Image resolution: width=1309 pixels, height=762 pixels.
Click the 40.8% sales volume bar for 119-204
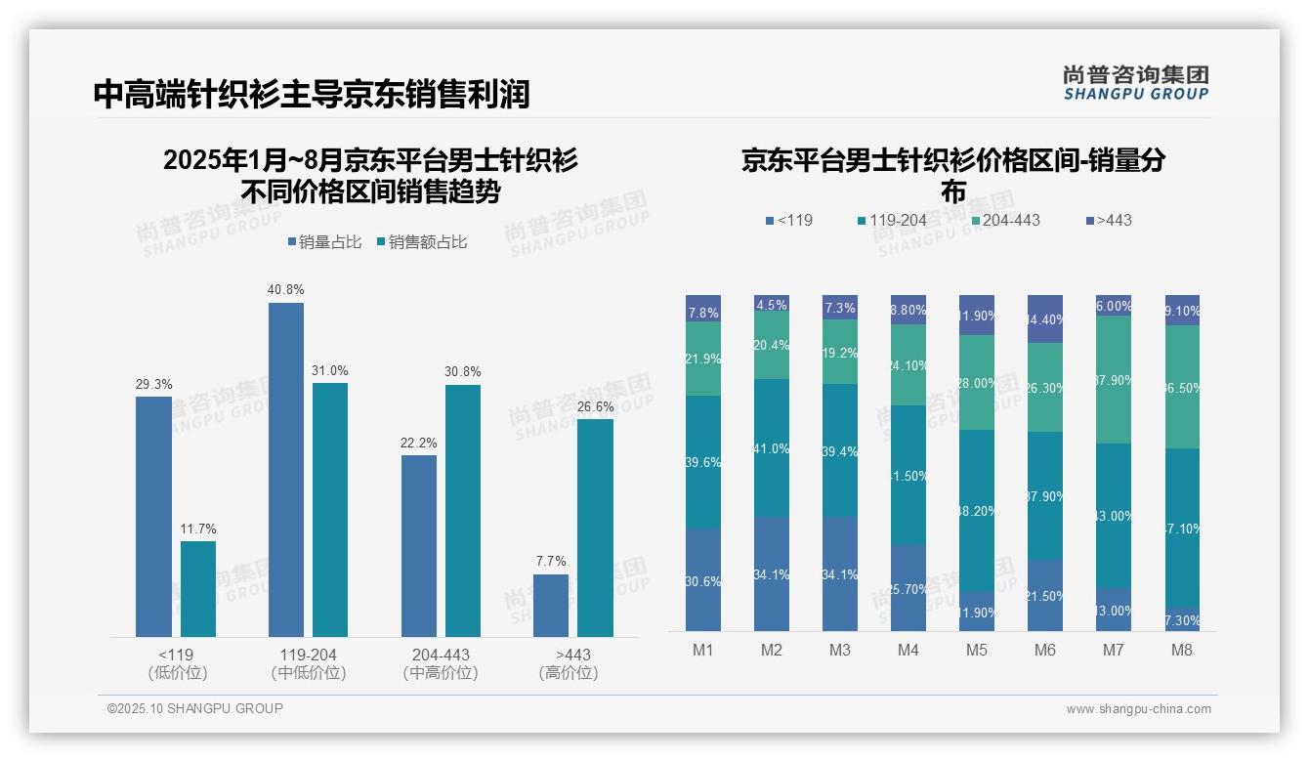[285, 469]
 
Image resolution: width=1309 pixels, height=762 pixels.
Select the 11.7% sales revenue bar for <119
[198, 588]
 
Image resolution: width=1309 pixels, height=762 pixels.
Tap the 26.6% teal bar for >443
[595, 528]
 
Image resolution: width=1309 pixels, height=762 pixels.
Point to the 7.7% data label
[551, 562]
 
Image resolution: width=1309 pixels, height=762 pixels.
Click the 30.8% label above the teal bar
[463, 372]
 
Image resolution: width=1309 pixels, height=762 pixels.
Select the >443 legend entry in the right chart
[1108, 220]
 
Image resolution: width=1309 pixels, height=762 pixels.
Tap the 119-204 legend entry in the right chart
[891, 220]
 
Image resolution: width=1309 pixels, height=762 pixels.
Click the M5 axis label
[975, 650]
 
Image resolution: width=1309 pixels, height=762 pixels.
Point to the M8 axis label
[1182, 650]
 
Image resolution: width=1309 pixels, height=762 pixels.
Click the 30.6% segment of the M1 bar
[703, 580]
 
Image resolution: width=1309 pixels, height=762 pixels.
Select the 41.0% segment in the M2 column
[772, 448]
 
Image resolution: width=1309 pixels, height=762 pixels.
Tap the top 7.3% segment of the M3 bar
[840, 308]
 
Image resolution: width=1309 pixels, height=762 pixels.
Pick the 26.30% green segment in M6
[1045, 388]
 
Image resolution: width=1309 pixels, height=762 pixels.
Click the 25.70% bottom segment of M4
[908, 588]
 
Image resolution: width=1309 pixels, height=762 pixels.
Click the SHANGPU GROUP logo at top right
[1135, 83]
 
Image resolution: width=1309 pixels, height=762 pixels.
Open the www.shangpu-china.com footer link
[1138, 709]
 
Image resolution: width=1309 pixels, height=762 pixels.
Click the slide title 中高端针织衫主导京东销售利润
[312, 95]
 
